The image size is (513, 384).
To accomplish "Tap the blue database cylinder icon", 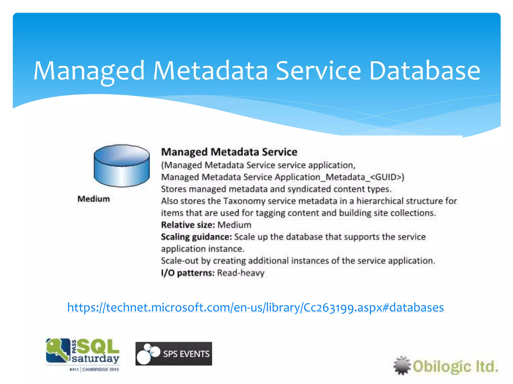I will point(122,165).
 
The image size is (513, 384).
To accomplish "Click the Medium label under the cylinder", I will point(94,199).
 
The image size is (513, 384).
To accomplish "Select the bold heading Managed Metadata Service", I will point(229,152).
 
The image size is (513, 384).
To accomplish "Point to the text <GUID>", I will point(387,177).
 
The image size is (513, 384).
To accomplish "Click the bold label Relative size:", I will point(188,225).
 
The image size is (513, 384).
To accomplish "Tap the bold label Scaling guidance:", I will point(196,237).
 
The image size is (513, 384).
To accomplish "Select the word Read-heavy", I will point(241,273).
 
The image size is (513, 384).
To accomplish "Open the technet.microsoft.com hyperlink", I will point(255,307).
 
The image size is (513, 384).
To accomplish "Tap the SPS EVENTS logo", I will point(174,354).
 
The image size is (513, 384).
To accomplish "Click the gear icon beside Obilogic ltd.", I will point(402,365).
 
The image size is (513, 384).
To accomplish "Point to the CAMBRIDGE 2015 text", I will point(100,369).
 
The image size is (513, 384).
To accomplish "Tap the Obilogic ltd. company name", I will point(455,366).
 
